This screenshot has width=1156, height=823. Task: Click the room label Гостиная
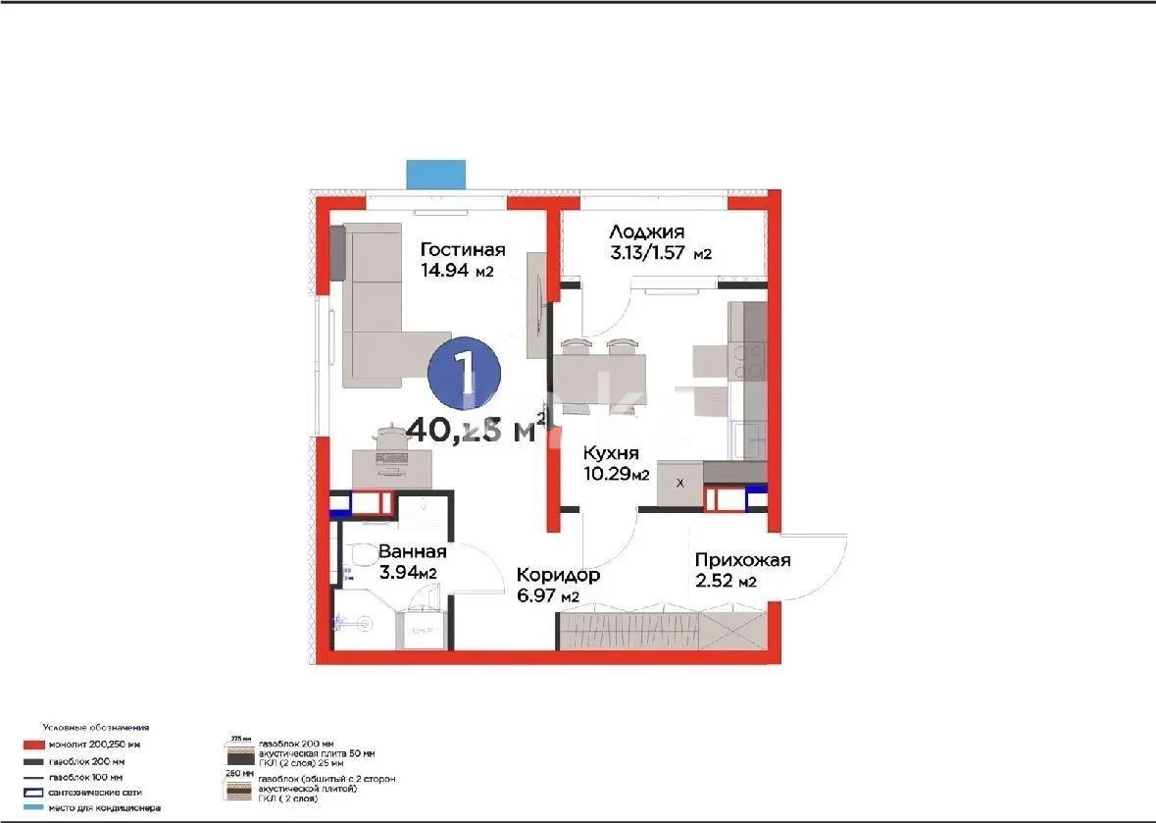463,249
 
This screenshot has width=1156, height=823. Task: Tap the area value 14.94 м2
457,271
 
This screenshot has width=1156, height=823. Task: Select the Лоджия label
646,231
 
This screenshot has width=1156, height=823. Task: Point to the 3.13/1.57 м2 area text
660,254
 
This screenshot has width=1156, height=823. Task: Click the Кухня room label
611,453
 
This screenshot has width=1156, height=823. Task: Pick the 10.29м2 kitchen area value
616,475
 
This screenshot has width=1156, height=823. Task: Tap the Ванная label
412,551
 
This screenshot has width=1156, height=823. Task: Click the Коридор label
558,576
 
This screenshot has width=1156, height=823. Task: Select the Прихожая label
742,560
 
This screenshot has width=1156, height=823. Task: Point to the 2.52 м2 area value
726,583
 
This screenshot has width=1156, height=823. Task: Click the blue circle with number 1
465,374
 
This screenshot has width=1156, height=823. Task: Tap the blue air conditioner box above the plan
436,173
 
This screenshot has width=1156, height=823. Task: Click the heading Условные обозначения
95,728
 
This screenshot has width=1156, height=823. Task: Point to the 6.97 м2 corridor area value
548,596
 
